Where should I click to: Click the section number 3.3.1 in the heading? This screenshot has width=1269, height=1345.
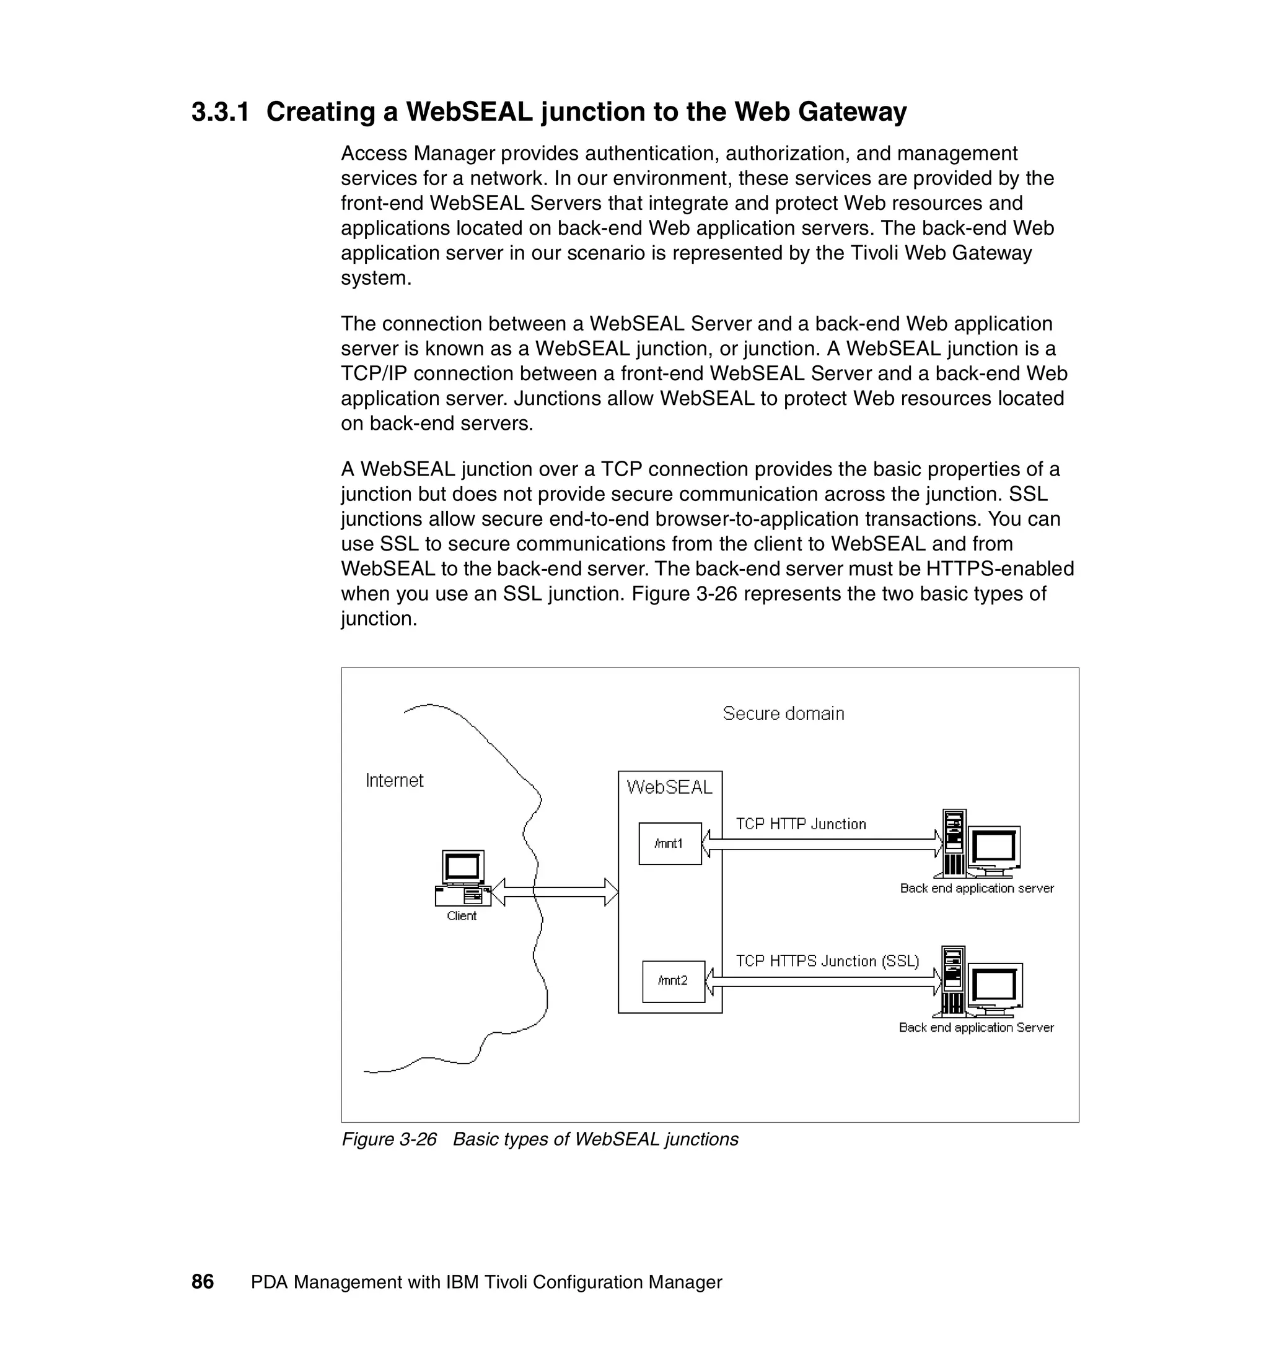click(220, 111)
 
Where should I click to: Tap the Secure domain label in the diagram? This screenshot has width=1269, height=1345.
click(783, 714)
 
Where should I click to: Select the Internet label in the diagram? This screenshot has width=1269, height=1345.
click(394, 781)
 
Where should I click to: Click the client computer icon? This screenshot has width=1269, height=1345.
click(463, 878)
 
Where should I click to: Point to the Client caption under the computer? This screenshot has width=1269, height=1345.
click(462, 916)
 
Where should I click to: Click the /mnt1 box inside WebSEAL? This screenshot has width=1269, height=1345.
click(669, 843)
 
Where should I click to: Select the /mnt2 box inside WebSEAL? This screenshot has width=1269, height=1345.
click(673, 981)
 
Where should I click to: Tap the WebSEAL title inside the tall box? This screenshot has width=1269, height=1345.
click(669, 788)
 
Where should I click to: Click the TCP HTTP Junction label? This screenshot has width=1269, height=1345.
click(801, 824)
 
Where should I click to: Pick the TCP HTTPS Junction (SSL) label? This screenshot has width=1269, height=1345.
click(827, 962)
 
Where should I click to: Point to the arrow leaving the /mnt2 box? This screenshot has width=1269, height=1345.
click(823, 982)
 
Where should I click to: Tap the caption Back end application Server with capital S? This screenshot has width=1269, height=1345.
click(976, 1028)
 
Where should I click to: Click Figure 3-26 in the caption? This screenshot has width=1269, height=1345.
click(389, 1139)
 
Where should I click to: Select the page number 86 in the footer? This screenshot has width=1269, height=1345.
click(203, 1282)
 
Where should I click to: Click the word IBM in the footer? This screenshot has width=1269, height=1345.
click(462, 1282)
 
